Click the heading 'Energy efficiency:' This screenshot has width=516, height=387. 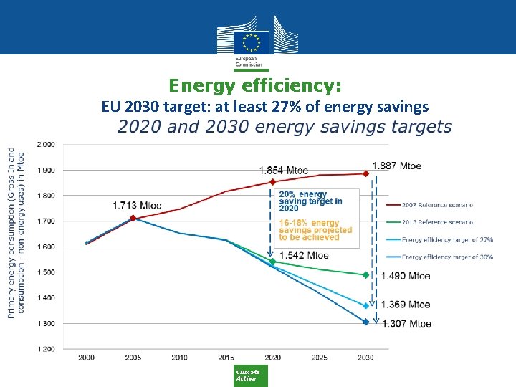255,86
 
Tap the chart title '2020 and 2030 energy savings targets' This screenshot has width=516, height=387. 285,128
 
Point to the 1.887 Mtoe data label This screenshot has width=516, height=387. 396,166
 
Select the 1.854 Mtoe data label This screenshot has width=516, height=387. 284,171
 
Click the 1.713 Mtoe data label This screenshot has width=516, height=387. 137,206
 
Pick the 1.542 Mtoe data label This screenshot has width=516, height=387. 304,255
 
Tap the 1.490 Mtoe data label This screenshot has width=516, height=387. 406,276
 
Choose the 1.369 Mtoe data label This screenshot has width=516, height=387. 406,305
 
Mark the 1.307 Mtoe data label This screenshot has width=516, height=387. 406,324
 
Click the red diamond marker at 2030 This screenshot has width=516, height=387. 365,173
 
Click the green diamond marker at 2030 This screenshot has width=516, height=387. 365,275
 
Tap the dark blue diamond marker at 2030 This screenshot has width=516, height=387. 365,322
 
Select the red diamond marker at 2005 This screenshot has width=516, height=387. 133,218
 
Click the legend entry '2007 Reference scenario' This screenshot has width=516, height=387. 437,205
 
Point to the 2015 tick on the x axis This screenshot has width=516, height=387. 226,357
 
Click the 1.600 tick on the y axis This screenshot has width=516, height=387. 45,247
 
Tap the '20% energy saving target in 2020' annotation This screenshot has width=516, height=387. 310,201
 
